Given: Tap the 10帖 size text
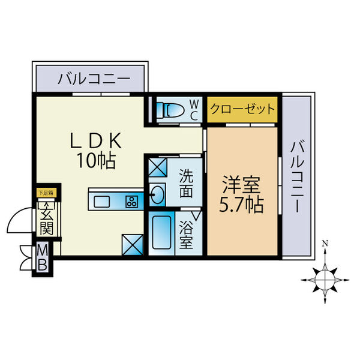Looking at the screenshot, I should (x=95, y=161).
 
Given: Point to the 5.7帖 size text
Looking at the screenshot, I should (x=241, y=205).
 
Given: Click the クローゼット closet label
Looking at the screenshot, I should (x=242, y=110).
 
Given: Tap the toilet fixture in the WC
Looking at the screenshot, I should (x=167, y=110).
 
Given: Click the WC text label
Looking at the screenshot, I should (x=194, y=110).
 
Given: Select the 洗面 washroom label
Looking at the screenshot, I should (x=186, y=185).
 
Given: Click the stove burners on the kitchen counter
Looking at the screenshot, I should (x=131, y=200).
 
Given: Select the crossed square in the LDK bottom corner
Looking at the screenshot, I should (x=131, y=244).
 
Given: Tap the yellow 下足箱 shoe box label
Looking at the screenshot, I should (x=46, y=193).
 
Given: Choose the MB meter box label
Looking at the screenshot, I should (x=44, y=257).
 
